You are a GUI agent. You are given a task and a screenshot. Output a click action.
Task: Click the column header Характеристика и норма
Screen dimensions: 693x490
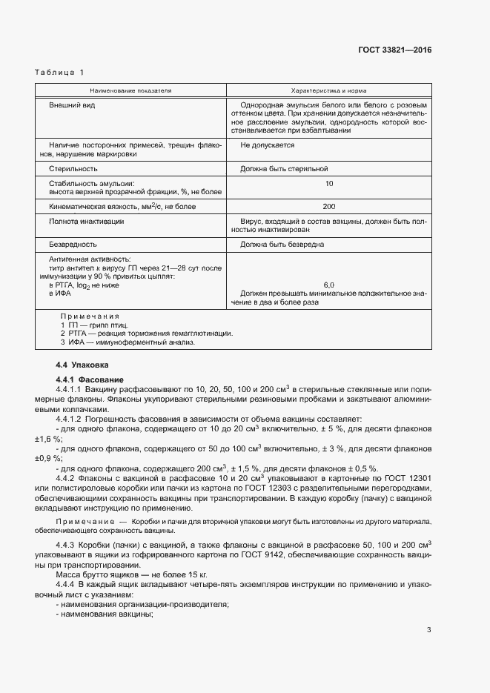[x=328, y=90]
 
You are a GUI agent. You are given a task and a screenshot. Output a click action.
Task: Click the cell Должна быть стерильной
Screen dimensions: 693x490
[x=283, y=169]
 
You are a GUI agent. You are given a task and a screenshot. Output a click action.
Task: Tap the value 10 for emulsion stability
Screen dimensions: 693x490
[x=328, y=183]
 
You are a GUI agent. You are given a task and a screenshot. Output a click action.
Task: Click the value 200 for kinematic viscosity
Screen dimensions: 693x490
[x=328, y=207]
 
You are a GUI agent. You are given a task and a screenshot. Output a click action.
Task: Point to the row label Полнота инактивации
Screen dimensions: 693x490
[x=86, y=221]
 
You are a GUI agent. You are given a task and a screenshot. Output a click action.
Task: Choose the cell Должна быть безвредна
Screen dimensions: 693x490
[x=282, y=244]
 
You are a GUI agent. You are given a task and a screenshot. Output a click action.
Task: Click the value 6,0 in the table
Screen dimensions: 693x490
[x=328, y=285]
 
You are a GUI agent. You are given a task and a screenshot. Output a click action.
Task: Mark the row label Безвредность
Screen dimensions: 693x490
[x=73, y=244]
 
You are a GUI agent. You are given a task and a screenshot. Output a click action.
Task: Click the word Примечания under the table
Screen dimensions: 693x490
[x=90, y=316]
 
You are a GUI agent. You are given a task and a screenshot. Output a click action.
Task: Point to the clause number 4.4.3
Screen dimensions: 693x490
[x=67, y=546]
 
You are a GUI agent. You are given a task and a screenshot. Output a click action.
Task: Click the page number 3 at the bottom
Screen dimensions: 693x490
[x=429, y=631]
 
